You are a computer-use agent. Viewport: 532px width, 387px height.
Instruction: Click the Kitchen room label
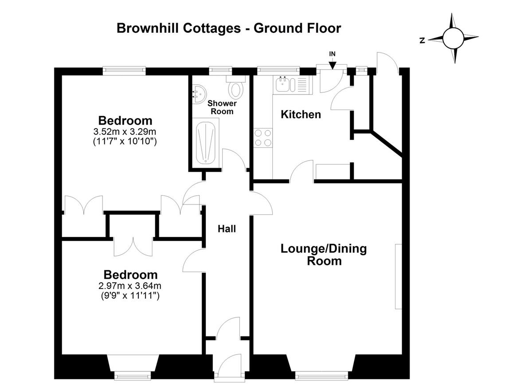[x=301, y=115]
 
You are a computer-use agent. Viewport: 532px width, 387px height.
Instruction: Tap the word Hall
[x=227, y=229]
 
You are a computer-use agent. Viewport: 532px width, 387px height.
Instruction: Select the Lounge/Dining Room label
[x=324, y=255]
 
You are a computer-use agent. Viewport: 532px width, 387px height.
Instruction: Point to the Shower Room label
[x=222, y=107]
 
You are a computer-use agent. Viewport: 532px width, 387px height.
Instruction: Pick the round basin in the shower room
[x=199, y=94]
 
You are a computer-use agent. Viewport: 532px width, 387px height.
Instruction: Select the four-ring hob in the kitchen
[x=263, y=138]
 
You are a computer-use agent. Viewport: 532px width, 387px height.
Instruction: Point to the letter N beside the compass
[x=422, y=41]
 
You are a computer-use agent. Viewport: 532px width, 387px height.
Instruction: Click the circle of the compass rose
[x=453, y=38]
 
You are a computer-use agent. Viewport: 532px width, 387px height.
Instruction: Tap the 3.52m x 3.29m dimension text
[x=125, y=131]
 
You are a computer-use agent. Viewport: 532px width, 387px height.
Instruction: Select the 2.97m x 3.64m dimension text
[x=130, y=285]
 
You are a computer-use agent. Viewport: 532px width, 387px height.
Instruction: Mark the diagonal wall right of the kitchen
[x=387, y=144]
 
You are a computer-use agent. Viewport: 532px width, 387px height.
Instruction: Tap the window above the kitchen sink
[x=278, y=70]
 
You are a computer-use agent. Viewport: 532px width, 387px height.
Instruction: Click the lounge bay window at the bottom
[x=321, y=376]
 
